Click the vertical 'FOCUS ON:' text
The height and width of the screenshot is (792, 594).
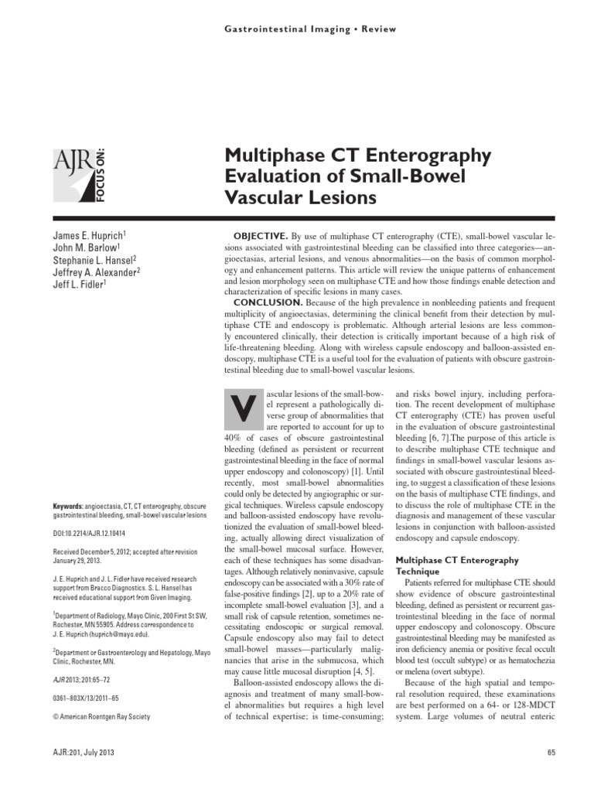(102, 175)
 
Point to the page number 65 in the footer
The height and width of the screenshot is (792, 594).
(551, 752)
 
